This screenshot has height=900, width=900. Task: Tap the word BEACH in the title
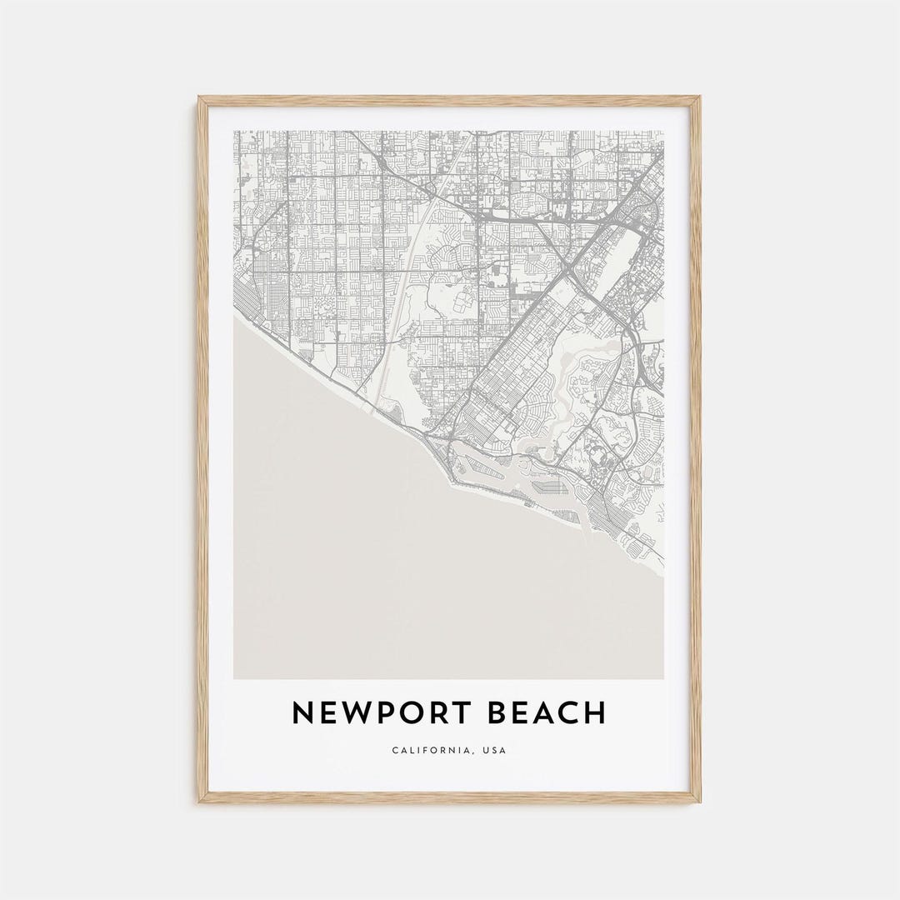[548, 713]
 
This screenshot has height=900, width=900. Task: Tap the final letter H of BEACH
[594, 713]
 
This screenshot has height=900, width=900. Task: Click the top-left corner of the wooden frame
[200, 98]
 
